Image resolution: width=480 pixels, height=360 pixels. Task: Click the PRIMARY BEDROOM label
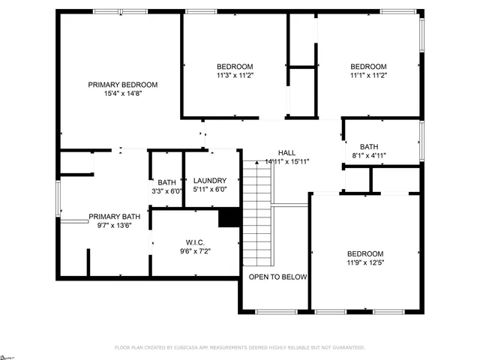pos(123,85)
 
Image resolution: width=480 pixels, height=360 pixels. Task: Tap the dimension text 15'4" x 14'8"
pos(123,94)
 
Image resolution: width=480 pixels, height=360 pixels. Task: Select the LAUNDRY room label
pos(209,181)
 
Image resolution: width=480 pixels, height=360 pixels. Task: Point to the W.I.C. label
pos(196,242)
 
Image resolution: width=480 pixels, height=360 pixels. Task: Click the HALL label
pos(286,151)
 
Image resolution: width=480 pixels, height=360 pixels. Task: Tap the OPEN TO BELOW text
pos(278,277)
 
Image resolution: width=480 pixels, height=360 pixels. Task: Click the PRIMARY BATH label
pos(114,217)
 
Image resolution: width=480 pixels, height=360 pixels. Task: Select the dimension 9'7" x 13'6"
pos(114,226)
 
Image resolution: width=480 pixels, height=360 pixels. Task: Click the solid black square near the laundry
pos(228,217)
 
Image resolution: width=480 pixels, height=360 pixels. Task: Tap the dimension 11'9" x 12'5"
pos(365,263)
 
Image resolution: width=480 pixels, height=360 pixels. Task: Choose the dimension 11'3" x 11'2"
pos(235,75)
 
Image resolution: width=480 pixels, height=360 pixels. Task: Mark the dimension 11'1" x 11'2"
pos(368,75)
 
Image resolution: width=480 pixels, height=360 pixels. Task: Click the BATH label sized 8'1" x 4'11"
pos(369,147)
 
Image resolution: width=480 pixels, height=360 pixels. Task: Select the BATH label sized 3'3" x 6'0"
pos(166,182)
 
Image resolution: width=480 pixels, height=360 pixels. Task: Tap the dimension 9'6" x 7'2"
pos(196,251)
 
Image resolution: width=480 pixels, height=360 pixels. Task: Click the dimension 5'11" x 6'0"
pos(209,190)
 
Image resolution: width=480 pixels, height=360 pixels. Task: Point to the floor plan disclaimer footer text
pos(240,348)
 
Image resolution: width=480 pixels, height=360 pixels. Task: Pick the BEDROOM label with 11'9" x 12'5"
pos(365,254)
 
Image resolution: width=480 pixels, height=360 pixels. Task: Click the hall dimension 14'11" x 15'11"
pos(286,161)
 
